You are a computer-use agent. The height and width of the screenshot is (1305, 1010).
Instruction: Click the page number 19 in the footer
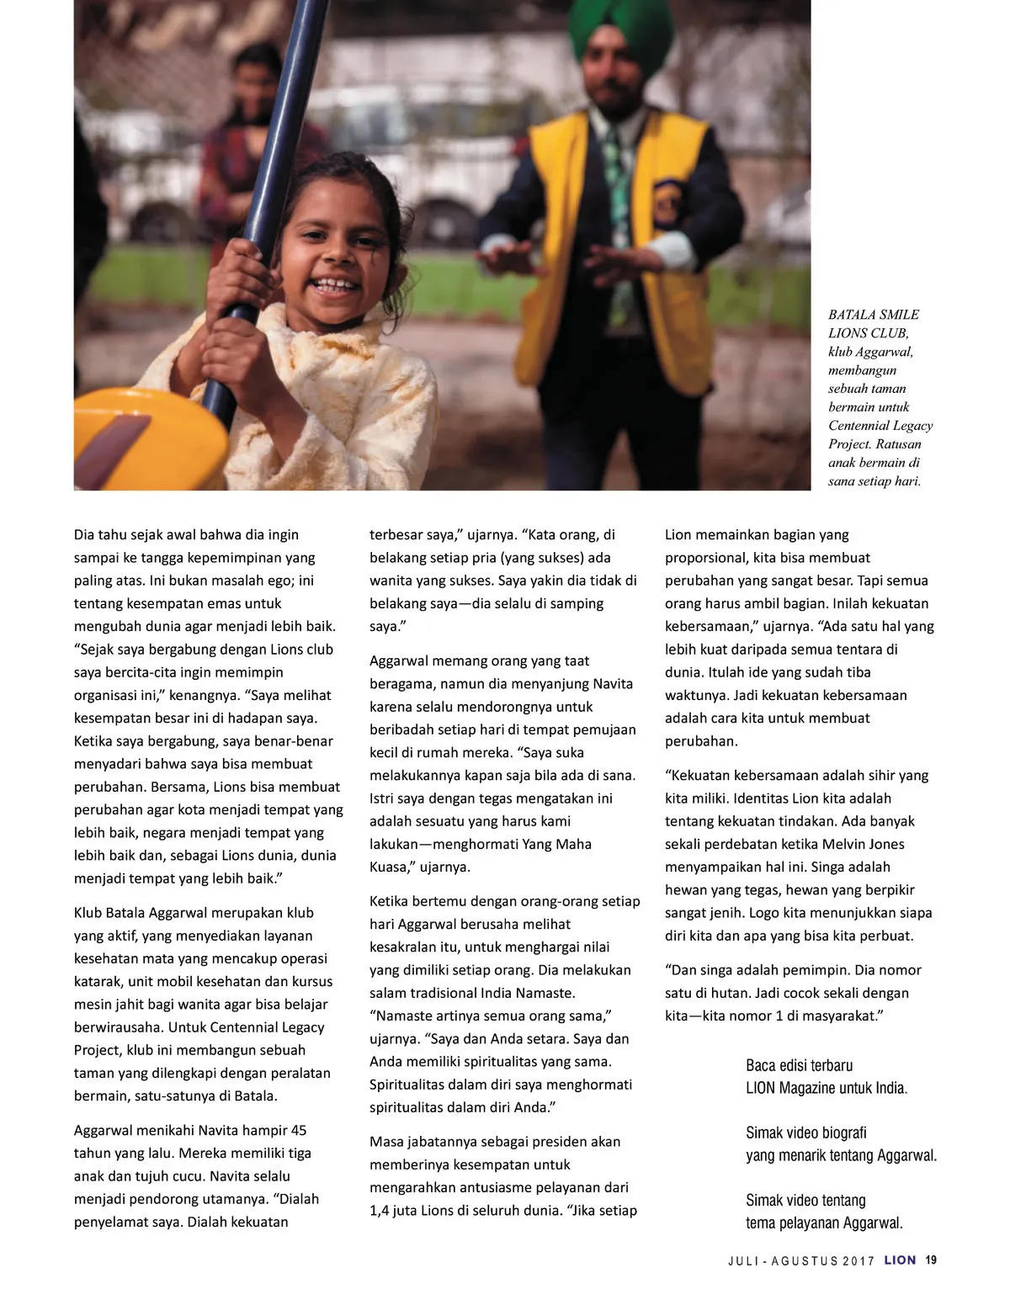pos(931,1260)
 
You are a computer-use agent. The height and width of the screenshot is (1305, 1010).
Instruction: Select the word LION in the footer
pos(900,1260)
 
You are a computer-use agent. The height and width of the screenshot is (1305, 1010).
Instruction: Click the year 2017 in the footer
pos(858,1260)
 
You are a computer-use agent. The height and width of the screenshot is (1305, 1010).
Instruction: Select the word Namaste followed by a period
pos(548,993)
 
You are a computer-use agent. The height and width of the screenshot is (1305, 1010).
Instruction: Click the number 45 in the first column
pos(299,1130)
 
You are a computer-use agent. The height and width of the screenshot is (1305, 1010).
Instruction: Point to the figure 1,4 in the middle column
pos(383,1210)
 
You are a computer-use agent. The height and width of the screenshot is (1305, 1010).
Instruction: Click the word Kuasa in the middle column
pos(390,867)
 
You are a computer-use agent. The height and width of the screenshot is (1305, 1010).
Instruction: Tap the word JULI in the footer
pos(744,1260)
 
